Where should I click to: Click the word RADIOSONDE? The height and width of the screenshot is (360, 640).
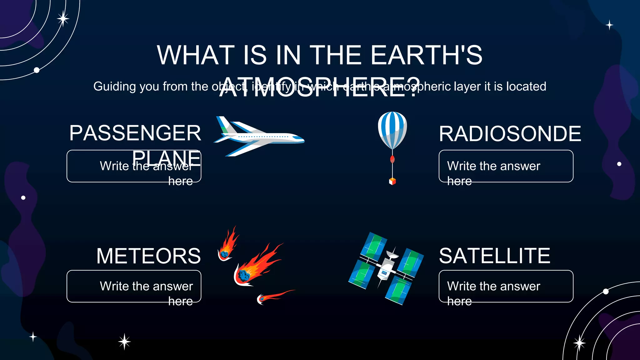click(x=510, y=134)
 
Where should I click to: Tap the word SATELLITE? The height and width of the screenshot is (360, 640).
click(x=494, y=256)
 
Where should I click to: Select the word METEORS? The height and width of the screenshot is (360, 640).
click(x=148, y=256)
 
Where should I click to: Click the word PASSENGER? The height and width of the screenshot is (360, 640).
click(x=135, y=133)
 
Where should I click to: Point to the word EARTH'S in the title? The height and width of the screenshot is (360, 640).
click(x=426, y=55)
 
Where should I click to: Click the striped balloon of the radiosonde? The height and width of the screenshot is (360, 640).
click(x=392, y=128)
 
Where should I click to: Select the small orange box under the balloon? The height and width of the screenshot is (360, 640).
click(x=392, y=181)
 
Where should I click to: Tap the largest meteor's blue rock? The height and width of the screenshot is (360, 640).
click(x=243, y=275)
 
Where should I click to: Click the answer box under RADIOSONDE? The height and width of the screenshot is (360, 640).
click(x=506, y=166)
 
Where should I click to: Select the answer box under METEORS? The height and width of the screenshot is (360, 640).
click(x=134, y=286)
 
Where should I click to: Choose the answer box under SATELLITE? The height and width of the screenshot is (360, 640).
click(x=506, y=286)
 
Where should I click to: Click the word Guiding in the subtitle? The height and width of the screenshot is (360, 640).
click(x=115, y=87)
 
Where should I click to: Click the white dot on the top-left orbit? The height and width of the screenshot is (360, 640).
click(x=37, y=70)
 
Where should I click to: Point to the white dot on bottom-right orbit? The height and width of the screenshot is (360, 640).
click(x=606, y=292)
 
